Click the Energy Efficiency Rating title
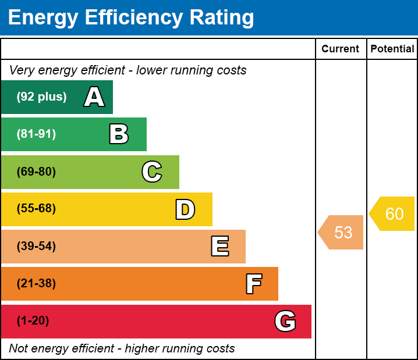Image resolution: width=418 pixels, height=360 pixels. click(130, 18)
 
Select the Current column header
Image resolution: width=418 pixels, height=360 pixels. click(341, 49)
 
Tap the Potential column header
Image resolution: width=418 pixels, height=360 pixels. click(392, 49)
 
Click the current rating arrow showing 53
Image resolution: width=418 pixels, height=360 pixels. click(342, 233)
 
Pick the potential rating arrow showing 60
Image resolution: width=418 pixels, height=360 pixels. click(393, 214)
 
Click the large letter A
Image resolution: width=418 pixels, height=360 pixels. click(94, 97)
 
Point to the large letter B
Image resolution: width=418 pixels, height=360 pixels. click(119, 134)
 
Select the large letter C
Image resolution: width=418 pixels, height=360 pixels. click(152, 172)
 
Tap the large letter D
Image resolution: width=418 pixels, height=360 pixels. click(185, 209)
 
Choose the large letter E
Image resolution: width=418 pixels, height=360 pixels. click(219, 247)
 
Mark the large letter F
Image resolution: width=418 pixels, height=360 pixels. click(253, 284)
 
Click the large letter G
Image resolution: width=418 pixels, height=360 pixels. click(285, 321)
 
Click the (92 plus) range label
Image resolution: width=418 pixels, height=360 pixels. click(41, 97)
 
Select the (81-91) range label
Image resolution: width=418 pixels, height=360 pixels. click(36, 134)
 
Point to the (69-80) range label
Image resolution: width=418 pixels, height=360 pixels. click(36, 172)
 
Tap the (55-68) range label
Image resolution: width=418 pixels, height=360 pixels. click(36, 209)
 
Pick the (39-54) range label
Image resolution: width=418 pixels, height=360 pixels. click(36, 247)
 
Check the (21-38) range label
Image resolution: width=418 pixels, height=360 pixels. click(36, 284)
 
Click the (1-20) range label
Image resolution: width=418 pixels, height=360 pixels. click(33, 321)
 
